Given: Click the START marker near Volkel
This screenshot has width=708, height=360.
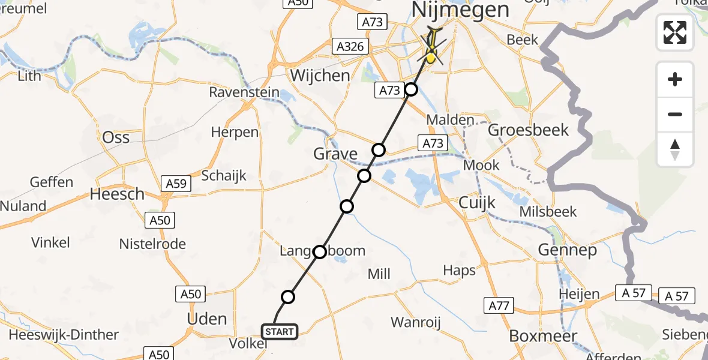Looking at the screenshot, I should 279,332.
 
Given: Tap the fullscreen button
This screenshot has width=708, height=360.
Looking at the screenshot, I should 675,32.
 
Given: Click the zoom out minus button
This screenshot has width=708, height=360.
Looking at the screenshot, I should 675,114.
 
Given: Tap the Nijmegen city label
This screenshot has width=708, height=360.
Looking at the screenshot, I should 460,10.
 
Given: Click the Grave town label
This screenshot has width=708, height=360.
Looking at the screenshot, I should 335,154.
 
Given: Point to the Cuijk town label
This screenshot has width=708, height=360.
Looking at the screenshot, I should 477,203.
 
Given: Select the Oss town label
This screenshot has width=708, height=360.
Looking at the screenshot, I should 116,137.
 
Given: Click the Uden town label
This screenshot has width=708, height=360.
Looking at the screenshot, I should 207,319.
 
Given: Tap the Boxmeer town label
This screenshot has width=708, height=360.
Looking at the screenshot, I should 543,336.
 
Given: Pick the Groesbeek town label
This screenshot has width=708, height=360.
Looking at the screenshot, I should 529,130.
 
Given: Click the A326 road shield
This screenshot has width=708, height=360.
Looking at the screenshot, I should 349,46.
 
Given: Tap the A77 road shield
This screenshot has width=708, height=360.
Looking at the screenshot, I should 499,306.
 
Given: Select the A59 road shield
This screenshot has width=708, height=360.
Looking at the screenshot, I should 176,184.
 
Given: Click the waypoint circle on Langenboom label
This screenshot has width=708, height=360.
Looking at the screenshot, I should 320,251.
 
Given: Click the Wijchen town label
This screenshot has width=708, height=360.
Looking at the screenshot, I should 320,76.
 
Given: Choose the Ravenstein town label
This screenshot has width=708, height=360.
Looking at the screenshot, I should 244,92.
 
